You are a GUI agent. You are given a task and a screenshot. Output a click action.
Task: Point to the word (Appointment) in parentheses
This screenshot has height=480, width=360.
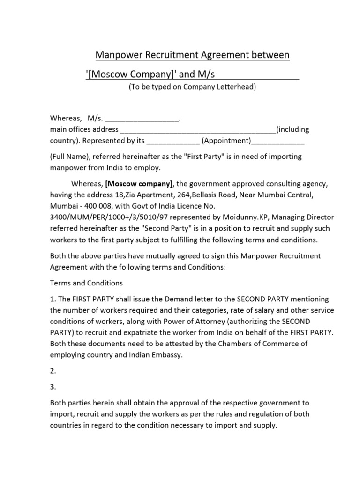(226, 141)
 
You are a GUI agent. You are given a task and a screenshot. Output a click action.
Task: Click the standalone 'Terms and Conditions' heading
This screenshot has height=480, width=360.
(86, 283)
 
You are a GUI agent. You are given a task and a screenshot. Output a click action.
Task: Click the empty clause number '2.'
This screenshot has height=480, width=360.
(53, 371)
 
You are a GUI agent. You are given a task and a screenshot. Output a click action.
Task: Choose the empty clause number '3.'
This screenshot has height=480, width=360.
(53, 387)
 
